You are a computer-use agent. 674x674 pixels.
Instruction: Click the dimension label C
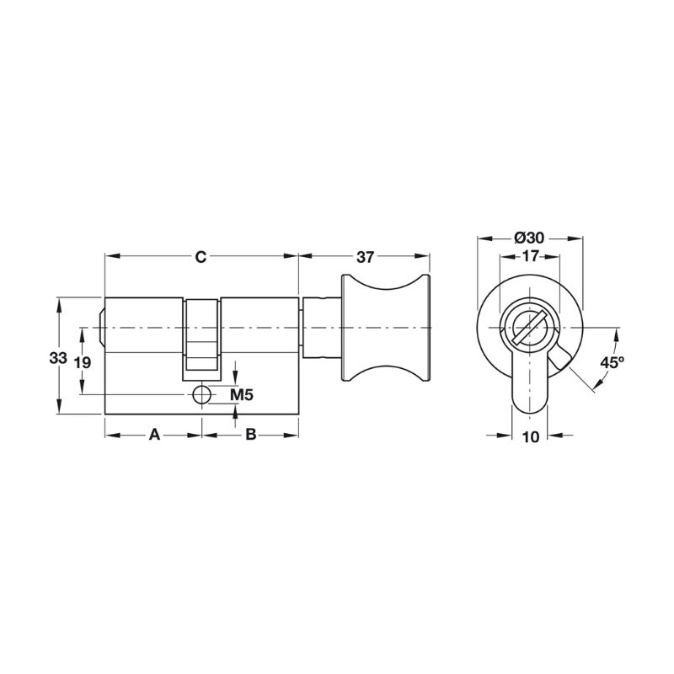[x=201, y=257]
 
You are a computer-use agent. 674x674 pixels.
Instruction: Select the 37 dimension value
[x=366, y=257]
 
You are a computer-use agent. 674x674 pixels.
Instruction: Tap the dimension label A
[x=154, y=435]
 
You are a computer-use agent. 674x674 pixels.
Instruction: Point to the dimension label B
[x=250, y=435]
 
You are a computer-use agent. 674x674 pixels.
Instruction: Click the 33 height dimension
[x=57, y=357]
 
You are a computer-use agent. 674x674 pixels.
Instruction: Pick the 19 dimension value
[x=82, y=362]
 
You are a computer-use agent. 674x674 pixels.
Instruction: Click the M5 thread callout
[x=242, y=394]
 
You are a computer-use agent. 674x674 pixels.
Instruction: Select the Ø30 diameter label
[x=529, y=238]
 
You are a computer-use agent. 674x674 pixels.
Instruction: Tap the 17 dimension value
[x=530, y=256]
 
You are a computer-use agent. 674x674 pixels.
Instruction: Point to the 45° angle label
[x=612, y=362]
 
